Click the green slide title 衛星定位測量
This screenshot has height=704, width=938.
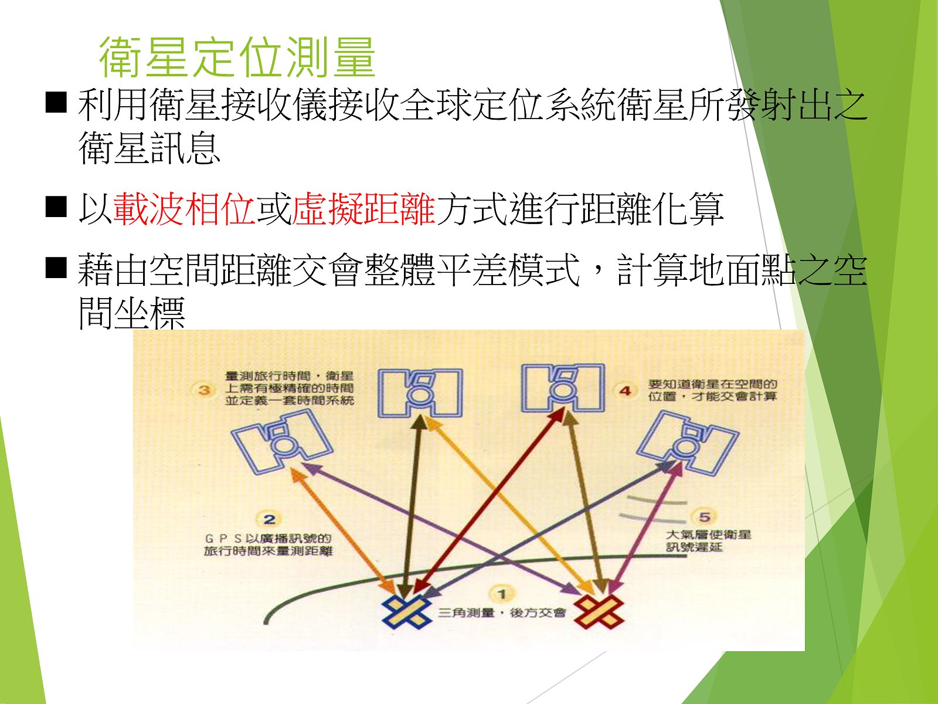[x=237, y=57]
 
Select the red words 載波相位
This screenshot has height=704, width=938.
[x=184, y=209]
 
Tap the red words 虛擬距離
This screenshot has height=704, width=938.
[x=363, y=209]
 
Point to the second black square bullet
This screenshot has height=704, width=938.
[x=56, y=207]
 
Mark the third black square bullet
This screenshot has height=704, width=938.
[x=56, y=267]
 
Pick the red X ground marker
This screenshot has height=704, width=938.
[x=599, y=612]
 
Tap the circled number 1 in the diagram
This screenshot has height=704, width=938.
[x=502, y=594]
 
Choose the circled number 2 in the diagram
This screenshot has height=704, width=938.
[x=269, y=519]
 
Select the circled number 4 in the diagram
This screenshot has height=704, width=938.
[x=625, y=391]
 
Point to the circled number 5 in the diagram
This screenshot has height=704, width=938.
[x=704, y=517]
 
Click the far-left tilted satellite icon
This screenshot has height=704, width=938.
[x=281, y=442]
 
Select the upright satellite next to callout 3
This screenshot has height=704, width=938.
[x=420, y=393]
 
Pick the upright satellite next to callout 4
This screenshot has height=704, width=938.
[x=563, y=388]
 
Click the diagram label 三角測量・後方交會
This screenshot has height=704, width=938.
[x=502, y=613]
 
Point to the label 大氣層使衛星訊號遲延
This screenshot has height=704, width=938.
[x=709, y=541]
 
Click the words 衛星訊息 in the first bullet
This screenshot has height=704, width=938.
[x=149, y=147]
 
